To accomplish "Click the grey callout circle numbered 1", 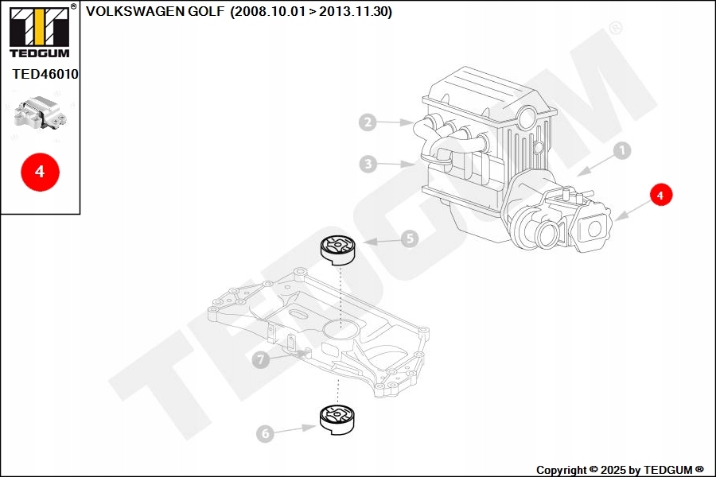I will coord(621,150).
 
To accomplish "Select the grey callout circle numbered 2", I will coord(367,122).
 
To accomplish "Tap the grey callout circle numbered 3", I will coord(367,165).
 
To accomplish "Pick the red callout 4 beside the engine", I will coord(661,194).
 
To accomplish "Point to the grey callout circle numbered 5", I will coord(409,238).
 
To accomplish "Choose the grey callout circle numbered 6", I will coord(265,433).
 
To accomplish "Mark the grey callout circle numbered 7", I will coord(260,360).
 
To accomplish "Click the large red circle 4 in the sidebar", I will coord(40,171).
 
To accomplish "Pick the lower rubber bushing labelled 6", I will coord(338,419).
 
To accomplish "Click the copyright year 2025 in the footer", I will coord(613,470).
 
